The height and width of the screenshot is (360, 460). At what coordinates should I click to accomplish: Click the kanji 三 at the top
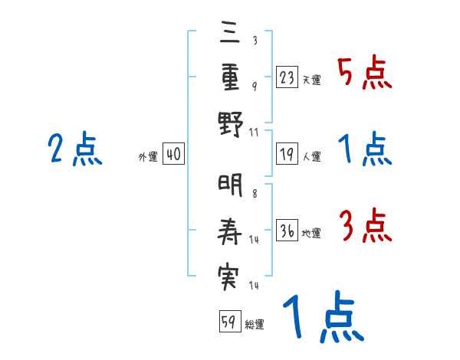(x=228, y=33)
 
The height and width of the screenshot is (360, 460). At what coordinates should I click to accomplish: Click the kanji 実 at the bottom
(x=228, y=276)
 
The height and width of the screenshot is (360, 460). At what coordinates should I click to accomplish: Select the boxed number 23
(x=287, y=77)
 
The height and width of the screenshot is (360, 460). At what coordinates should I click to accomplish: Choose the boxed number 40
(x=173, y=155)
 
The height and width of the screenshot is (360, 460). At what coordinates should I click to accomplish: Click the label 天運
(x=311, y=80)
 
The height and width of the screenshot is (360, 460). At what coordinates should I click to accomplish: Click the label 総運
(x=255, y=324)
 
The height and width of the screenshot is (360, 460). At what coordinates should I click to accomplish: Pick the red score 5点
(x=365, y=72)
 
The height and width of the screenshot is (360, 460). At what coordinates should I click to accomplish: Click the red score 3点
(x=365, y=226)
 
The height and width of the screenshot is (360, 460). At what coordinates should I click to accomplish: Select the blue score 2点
(x=75, y=149)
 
